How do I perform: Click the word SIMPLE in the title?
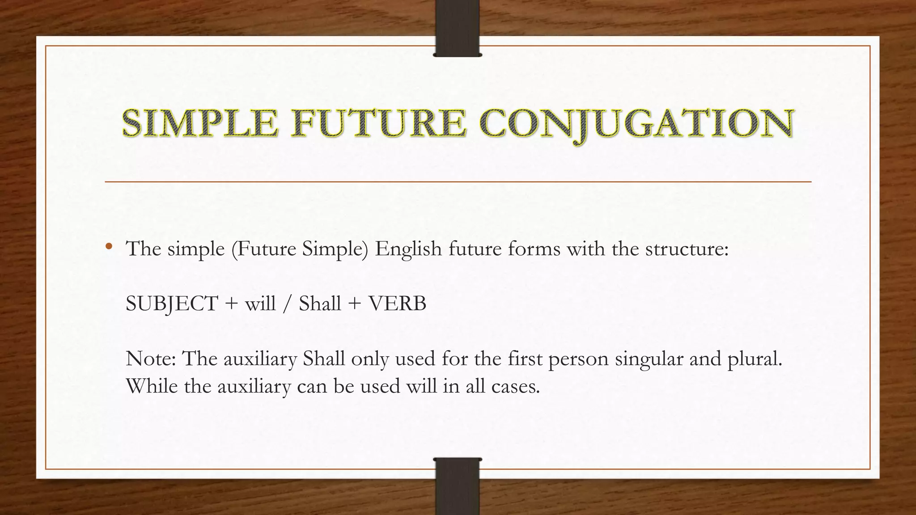[x=200, y=123]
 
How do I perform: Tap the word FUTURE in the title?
[x=379, y=123]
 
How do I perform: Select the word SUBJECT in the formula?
[x=172, y=304]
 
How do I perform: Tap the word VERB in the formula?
[x=397, y=304]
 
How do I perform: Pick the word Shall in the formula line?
[x=320, y=304]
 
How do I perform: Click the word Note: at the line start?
[x=151, y=359]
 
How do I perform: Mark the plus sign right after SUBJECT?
[x=231, y=304]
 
